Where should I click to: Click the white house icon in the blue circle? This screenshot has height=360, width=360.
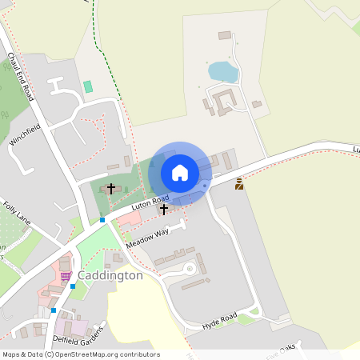tap(180, 173)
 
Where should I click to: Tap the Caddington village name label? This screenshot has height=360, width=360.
tap(111, 275)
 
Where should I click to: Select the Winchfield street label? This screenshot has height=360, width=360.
tap(25, 134)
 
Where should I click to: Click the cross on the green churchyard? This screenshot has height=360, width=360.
tap(110, 189)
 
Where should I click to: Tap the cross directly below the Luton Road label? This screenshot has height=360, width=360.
tap(164, 210)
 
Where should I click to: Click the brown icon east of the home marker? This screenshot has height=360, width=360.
tap(238, 184)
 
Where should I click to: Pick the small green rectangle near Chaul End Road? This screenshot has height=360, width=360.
tap(87, 86)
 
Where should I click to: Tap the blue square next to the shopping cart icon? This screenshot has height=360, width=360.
tap(73, 286)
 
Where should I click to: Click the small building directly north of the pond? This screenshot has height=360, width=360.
tap(225, 35)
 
